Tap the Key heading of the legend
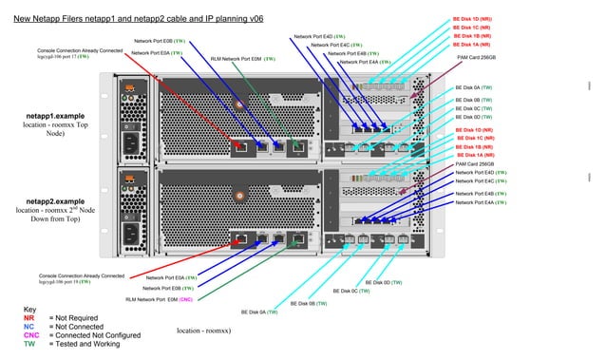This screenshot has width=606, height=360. (29, 310)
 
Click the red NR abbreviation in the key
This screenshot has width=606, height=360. (28, 318)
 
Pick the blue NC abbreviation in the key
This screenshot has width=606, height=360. (28, 327)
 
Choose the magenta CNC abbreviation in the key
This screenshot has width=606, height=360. (30, 335)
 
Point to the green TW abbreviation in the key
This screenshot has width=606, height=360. (28, 344)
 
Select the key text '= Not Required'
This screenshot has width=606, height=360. (76, 318)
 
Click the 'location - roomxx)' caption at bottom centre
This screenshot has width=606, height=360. (203, 331)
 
